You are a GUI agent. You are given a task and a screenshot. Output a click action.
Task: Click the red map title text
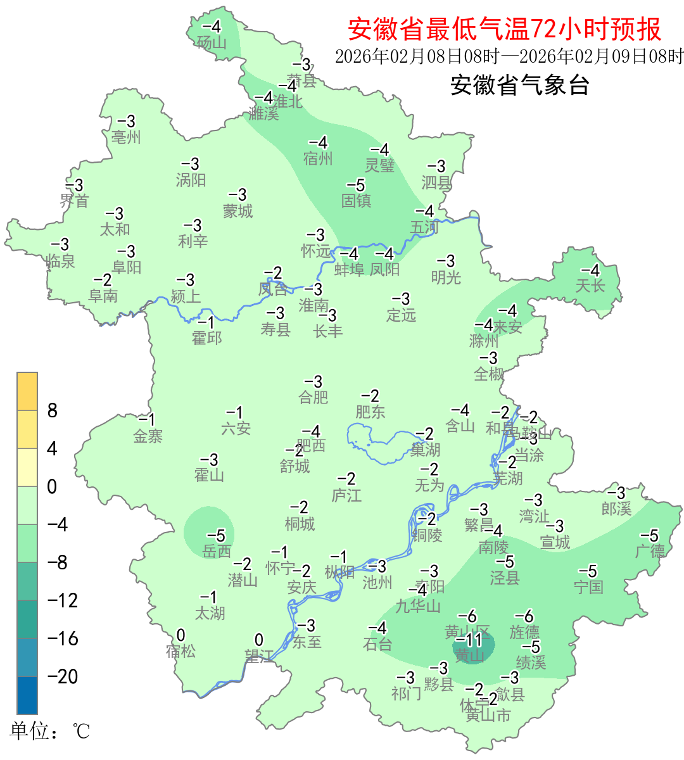point(505,29)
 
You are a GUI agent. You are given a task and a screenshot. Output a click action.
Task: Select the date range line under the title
point(509,56)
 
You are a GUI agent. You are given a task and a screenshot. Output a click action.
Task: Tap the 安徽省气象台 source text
point(520,85)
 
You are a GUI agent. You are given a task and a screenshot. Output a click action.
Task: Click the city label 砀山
point(212,42)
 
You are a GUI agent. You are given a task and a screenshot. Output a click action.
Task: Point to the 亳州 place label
point(126,137)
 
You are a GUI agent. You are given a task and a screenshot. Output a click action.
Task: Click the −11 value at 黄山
point(469,640)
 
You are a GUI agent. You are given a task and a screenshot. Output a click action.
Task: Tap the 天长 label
point(590,286)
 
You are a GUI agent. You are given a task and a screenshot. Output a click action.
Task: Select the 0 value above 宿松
point(181,635)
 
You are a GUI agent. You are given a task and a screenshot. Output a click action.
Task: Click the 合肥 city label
point(313,397)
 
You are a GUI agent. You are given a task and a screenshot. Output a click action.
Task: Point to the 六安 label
point(236,429)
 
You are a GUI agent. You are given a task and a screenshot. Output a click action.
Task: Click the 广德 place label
point(650,551)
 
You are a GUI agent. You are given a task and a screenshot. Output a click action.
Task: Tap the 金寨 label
point(148,436)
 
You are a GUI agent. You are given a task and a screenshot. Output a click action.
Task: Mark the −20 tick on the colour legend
point(63,676)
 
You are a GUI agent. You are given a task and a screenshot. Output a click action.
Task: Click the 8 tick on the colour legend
point(53,411)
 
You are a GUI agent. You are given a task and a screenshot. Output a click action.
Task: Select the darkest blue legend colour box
point(27,695)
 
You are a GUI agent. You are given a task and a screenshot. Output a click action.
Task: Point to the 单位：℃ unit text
point(50,731)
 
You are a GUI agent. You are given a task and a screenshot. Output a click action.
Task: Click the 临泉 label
point(61,260)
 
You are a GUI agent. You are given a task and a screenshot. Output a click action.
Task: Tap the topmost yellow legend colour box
point(27,391)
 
